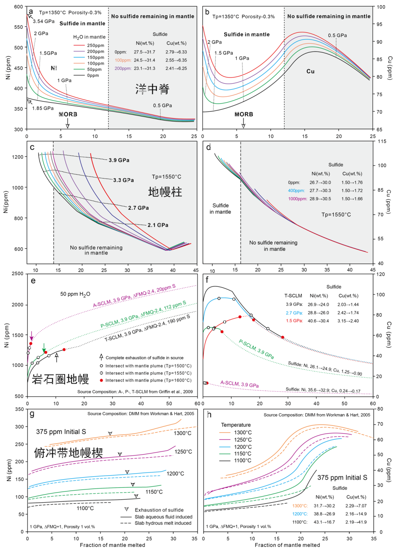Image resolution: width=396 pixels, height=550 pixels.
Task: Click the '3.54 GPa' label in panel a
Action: click(44, 21)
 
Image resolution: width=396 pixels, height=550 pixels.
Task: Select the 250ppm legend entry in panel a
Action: click(95, 46)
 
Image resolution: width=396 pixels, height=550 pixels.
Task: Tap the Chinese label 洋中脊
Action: click(152, 89)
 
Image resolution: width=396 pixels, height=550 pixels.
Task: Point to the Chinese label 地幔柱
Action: click(165, 192)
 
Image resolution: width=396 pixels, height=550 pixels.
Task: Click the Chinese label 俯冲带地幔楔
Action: click(69, 453)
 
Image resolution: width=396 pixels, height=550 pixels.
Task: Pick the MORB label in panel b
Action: click(244, 114)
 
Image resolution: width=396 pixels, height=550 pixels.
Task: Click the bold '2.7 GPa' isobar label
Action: click(138, 208)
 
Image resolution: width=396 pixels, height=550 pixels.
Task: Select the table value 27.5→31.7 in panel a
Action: click(145, 52)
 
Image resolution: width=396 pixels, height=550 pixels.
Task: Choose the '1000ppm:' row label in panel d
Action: click(297, 199)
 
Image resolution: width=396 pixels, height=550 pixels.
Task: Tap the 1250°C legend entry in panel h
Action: click(243, 440)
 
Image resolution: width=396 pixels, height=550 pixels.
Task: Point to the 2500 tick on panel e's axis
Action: click(17, 274)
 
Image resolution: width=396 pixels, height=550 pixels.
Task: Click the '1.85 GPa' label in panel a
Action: click(43, 108)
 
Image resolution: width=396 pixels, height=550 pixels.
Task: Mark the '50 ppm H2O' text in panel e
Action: click(75, 294)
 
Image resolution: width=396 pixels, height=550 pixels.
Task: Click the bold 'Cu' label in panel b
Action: click(310, 71)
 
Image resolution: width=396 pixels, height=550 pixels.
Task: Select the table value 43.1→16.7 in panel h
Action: click(324, 522)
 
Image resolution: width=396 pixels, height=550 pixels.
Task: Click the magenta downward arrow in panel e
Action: click(32, 335)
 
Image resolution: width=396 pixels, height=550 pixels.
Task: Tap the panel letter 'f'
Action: click(207, 280)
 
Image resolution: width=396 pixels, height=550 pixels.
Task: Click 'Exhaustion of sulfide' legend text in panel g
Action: click(159, 510)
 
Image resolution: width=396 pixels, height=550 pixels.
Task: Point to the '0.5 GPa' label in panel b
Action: click(337, 35)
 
